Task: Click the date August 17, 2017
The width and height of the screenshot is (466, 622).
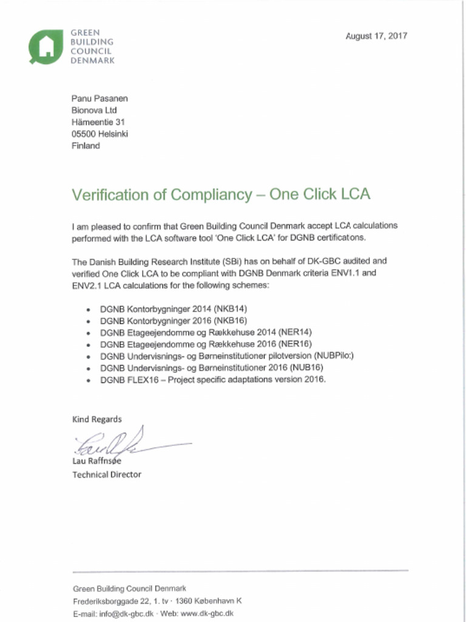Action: click(376, 36)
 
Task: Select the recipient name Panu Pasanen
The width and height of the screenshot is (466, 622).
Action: click(100, 98)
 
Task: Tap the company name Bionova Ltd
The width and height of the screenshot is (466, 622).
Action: click(94, 111)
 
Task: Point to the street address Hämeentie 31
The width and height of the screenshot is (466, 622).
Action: click(98, 122)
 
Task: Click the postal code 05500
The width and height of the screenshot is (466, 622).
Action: click(84, 134)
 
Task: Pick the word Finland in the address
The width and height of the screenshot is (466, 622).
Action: click(86, 146)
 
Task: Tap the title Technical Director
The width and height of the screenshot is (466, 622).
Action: click(107, 474)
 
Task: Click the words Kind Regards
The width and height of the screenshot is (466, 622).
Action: click(97, 419)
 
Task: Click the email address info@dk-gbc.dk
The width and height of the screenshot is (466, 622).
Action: click(126, 613)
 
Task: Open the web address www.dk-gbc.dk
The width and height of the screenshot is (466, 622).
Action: click(207, 613)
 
